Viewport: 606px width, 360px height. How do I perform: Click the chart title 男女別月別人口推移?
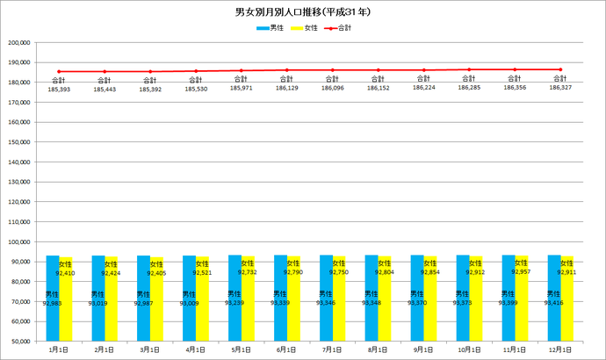[x=303, y=13]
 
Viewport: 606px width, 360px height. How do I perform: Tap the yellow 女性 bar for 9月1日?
[x=430, y=299]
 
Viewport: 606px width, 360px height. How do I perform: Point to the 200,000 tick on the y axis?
[x=19, y=42]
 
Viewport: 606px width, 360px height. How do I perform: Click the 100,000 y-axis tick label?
[x=19, y=241]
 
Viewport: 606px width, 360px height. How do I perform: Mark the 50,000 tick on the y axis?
[x=21, y=341]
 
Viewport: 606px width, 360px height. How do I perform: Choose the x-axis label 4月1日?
[x=196, y=349]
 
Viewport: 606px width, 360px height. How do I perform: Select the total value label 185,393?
[x=59, y=90]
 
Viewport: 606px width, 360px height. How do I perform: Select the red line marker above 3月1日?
[x=150, y=71]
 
